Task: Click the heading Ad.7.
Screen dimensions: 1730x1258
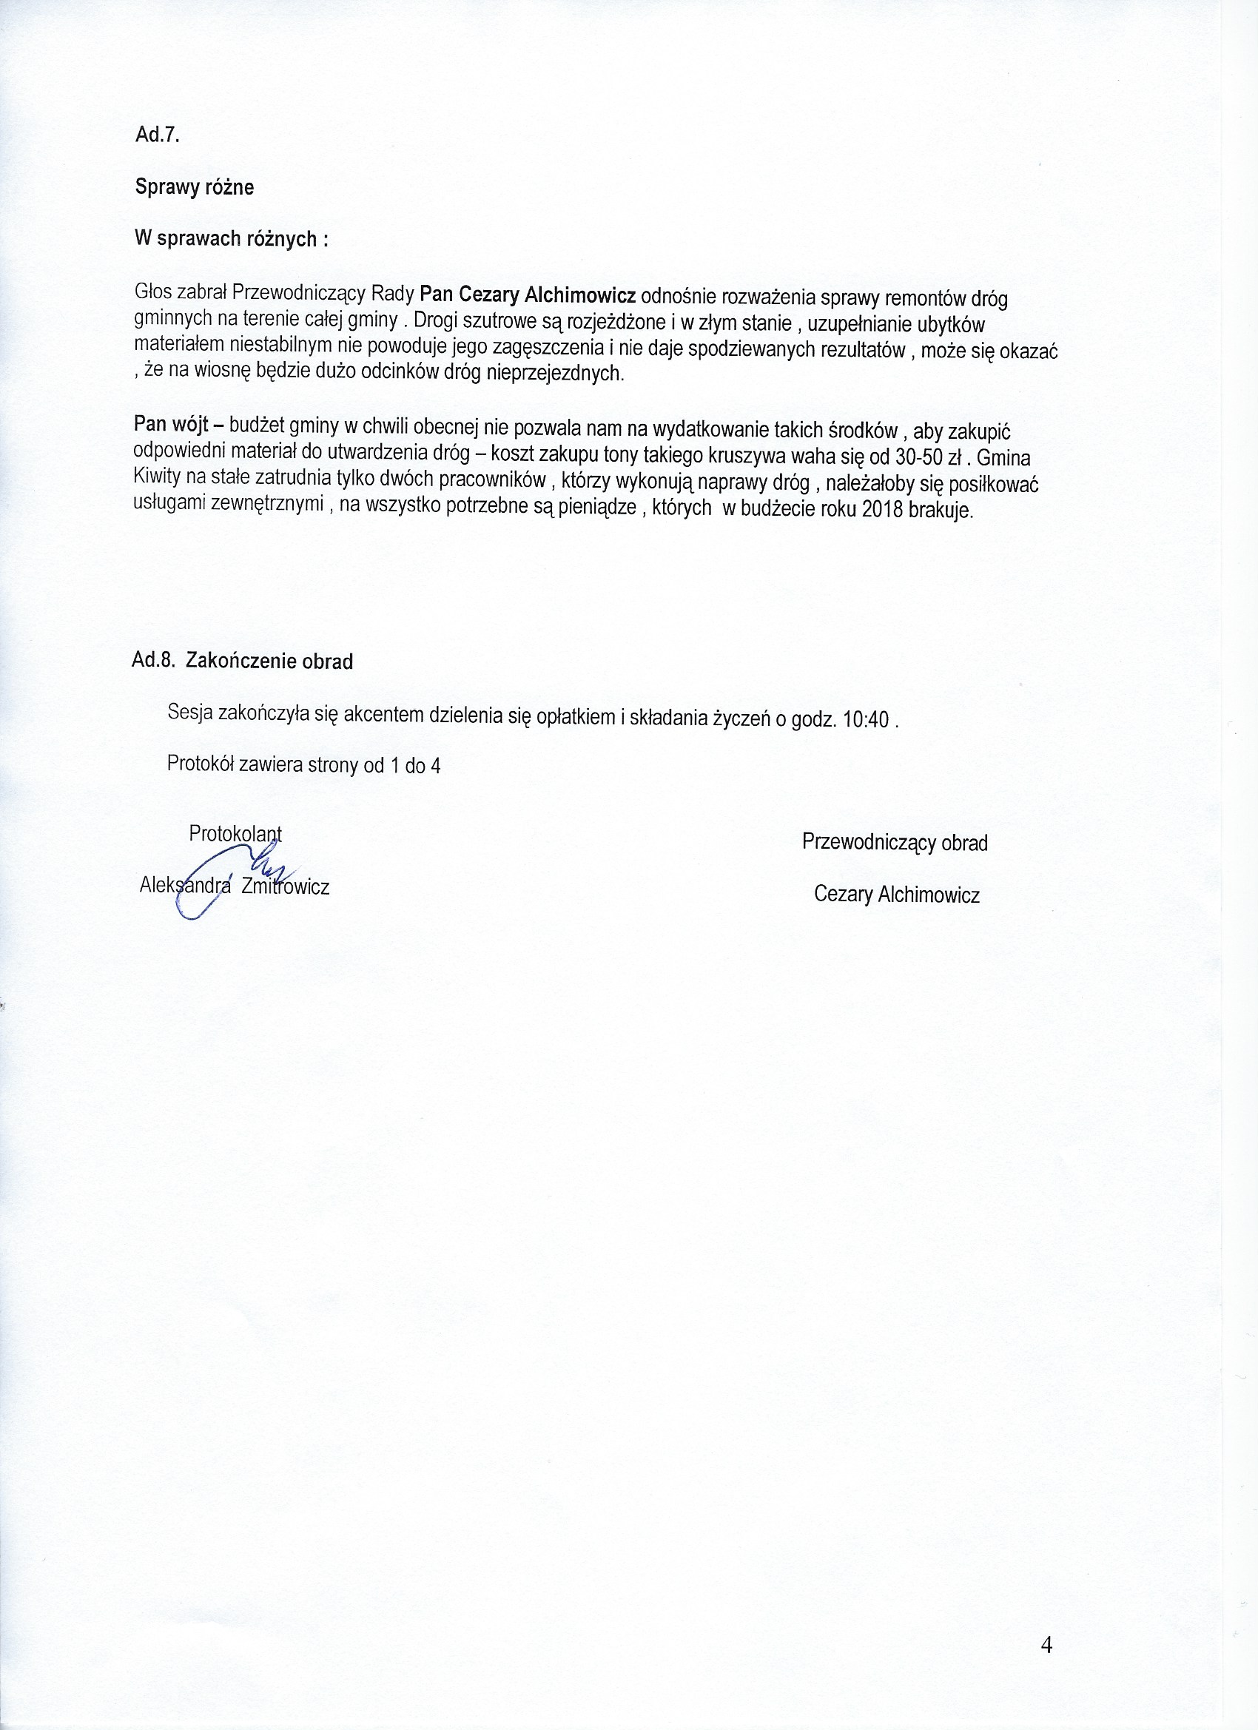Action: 157,134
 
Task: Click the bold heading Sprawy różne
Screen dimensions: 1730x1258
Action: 195,187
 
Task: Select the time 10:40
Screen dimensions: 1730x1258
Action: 866,720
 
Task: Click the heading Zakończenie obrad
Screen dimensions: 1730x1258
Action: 269,661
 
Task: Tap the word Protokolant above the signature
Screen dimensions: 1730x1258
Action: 235,834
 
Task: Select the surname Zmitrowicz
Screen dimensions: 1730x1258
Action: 286,886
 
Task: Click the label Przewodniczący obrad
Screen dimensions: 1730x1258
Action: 895,842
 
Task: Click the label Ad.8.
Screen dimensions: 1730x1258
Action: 154,660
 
